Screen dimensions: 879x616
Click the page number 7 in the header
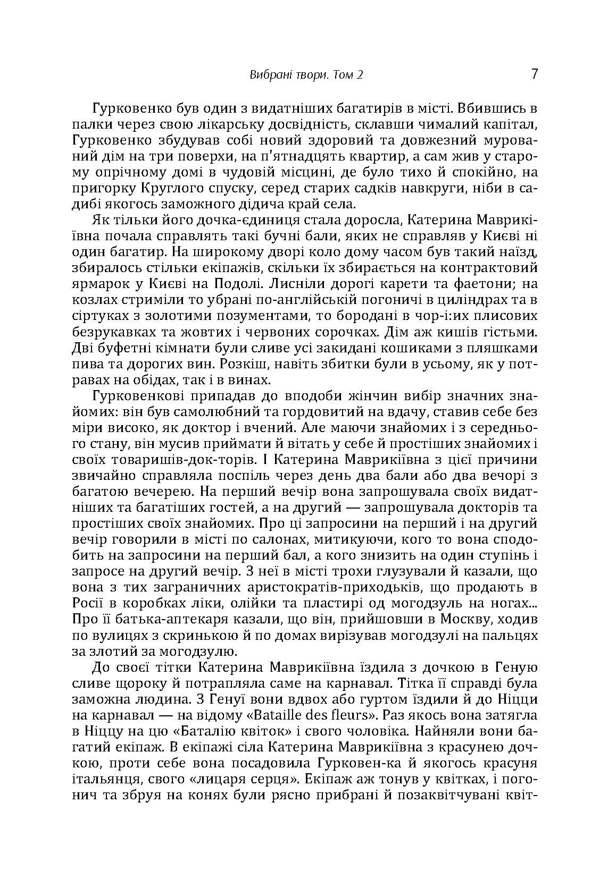[535, 74]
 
